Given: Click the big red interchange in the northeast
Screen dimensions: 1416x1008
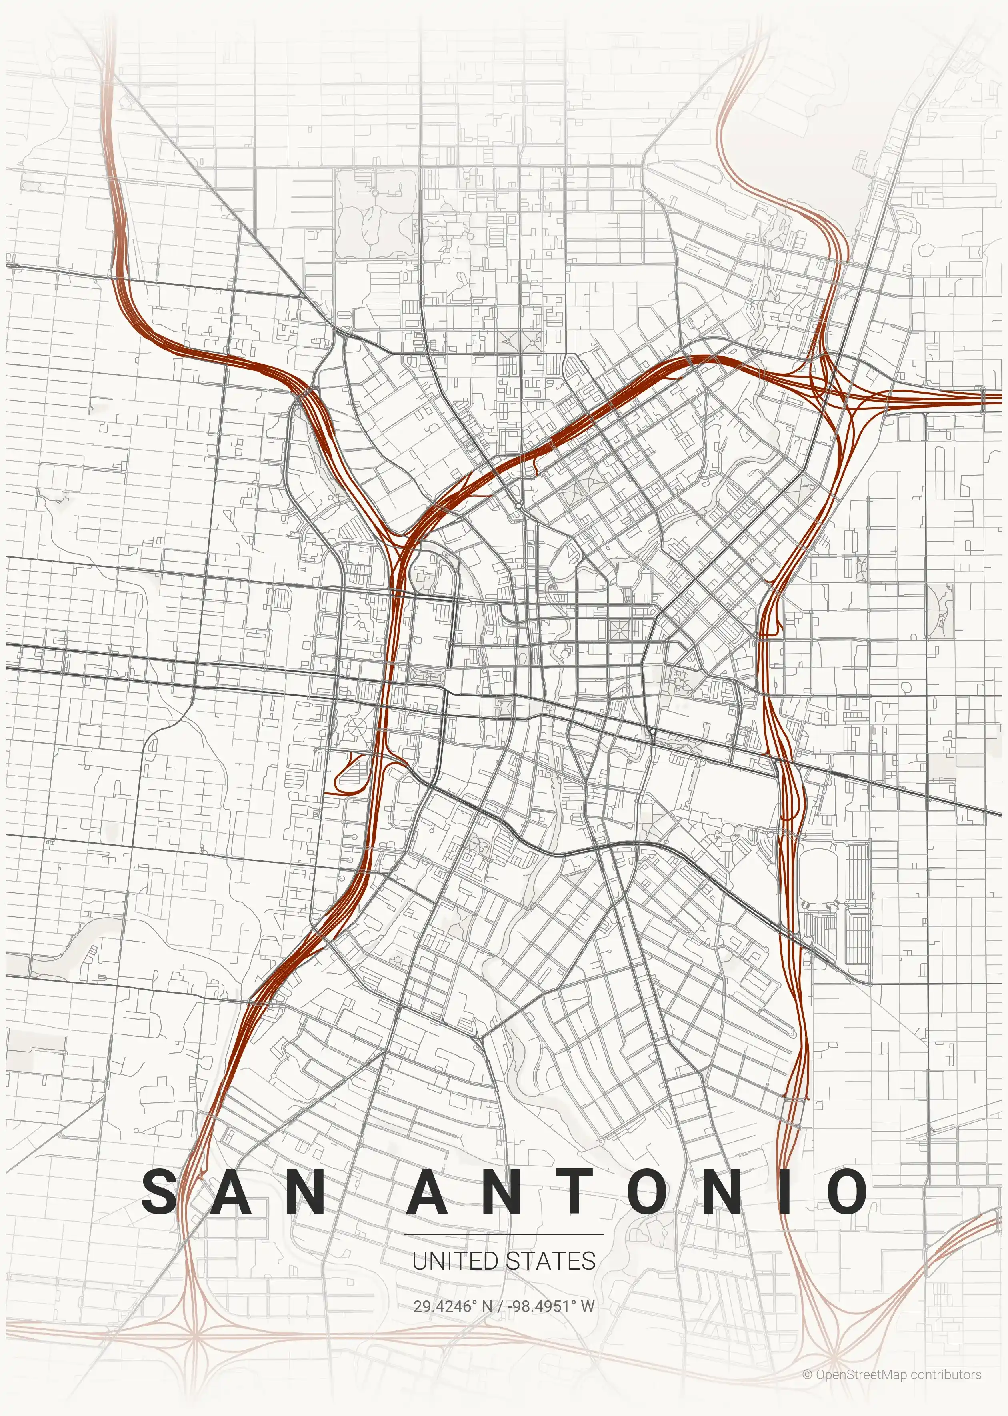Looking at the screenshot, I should point(835,388).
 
